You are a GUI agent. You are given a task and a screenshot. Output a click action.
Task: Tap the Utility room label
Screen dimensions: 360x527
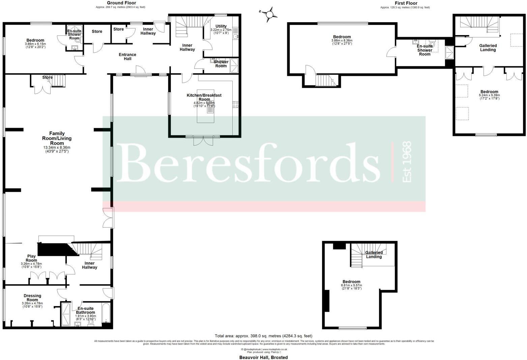coord(221,26)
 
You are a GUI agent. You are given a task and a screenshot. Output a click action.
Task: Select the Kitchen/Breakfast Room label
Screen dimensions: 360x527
coord(204,97)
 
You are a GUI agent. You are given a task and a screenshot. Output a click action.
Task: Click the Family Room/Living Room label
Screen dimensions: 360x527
coord(57,138)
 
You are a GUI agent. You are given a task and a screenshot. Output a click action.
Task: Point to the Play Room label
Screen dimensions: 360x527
coord(31,258)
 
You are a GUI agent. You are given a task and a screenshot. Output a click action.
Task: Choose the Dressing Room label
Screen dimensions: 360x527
coord(32,298)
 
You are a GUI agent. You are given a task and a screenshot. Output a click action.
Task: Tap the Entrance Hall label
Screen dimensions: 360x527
coord(127,57)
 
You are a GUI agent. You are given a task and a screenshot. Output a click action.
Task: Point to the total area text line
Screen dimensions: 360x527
coord(263,336)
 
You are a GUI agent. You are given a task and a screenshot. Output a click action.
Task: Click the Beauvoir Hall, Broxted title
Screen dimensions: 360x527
coord(263,357)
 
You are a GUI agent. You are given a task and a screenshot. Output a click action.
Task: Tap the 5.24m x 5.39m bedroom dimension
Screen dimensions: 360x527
coord(489,95)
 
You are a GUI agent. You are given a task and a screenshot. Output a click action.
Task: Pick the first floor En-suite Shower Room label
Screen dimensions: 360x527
coord(424,50)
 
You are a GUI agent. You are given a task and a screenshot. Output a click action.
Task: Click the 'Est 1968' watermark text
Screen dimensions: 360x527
coord(407,162)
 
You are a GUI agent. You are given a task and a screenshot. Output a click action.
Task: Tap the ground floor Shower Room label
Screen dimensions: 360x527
coord(221,64)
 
